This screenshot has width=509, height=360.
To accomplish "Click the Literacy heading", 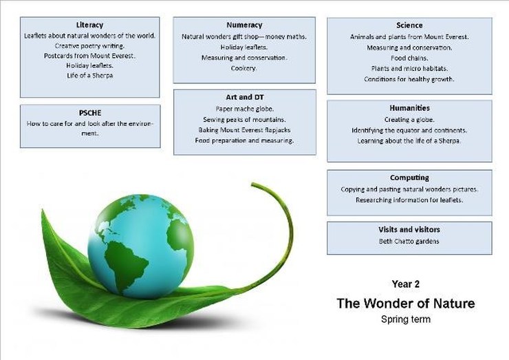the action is pos(89,25).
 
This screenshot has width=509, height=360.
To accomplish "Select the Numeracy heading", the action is pos(244,25).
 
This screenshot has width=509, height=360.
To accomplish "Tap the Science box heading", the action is pos(409,25).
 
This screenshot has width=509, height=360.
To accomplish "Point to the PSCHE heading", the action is pos(90,113).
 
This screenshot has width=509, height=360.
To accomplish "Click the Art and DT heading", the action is pos(245,97).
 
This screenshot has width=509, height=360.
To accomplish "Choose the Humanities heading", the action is pos(409,108).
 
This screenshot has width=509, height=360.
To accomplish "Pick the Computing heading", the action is pos(409,178).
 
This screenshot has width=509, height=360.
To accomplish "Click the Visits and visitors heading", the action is pos(409,229).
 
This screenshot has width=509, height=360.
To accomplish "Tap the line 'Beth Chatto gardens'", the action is pos(409,242).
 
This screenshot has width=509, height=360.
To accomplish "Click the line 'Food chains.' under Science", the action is pos(409,58).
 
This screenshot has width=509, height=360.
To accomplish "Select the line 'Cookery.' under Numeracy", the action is pos(243,68).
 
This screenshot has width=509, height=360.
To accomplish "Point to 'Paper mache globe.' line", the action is pos(244,109).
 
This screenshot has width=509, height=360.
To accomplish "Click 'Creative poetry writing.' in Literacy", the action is pos(89,46).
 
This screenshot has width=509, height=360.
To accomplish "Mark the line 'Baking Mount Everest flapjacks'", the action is pos(244,130).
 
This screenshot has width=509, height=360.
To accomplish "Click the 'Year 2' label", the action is pos(405,284).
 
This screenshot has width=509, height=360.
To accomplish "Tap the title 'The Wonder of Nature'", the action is pos(406,303).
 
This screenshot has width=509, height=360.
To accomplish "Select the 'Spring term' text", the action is pos(406,319).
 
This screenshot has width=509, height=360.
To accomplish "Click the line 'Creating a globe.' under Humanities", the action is pos(409,120).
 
